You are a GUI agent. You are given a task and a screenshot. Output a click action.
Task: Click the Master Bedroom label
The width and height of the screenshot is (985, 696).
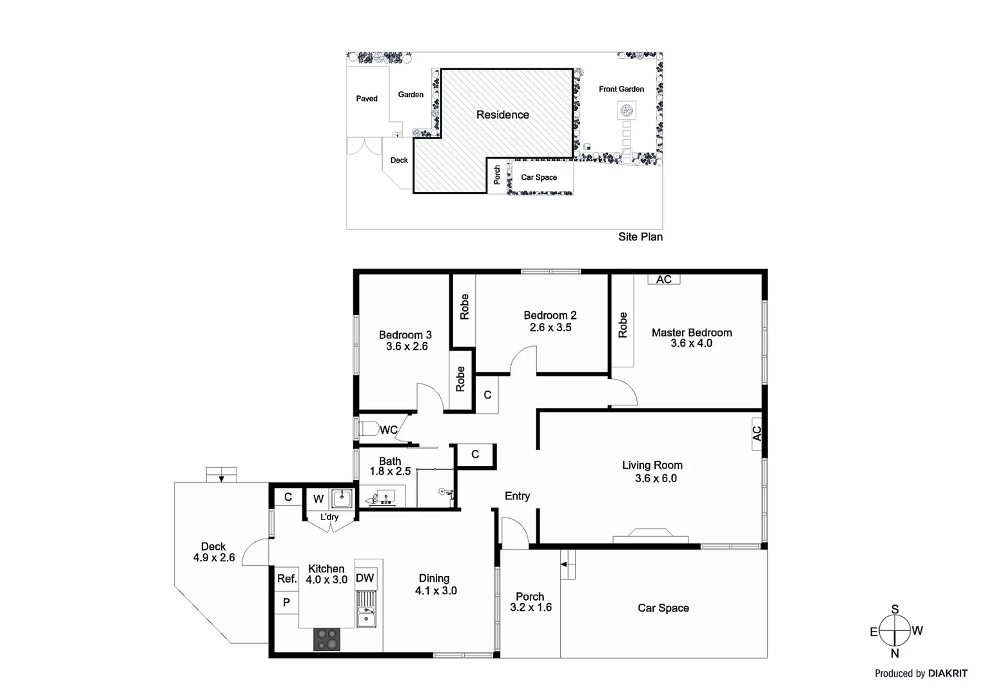click(692, 333)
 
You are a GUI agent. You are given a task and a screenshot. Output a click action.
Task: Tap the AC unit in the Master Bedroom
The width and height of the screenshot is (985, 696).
click(664, 279)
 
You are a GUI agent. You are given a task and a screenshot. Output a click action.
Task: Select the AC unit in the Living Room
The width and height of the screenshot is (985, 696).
click(757, 434)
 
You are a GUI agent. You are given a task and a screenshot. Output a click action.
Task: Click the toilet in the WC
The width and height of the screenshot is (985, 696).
click(368, 429)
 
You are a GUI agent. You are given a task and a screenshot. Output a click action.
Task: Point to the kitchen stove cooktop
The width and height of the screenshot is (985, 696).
click(326, 640)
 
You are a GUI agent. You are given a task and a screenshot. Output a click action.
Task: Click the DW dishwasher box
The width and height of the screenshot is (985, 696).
click(365, 578)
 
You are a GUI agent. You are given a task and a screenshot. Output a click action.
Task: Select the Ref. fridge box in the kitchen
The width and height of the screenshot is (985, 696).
click(287, 579)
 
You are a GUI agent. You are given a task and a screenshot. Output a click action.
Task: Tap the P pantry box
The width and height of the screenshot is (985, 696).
click(287, 602)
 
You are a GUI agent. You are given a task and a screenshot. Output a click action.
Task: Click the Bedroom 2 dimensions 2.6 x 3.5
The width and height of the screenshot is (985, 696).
click(551, 327)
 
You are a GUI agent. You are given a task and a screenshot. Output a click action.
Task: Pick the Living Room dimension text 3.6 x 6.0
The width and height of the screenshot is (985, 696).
click(656, 478)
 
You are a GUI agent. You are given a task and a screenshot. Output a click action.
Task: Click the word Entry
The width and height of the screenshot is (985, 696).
click(517, 496)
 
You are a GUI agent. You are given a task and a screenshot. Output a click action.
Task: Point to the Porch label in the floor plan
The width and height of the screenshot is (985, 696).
click(530, 597)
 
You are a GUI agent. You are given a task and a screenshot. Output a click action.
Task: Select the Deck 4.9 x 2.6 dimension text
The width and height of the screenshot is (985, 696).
click(214, 557)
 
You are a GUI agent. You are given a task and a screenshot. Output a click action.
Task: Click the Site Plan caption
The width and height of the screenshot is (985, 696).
click(640, 237)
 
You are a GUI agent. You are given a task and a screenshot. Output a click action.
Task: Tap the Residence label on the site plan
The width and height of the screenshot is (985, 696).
click(503, 115)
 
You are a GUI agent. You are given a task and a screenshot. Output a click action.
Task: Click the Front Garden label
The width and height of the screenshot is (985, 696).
click(621, 89)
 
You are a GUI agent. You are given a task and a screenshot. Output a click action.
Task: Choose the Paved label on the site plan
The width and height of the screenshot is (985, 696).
click(367, 99)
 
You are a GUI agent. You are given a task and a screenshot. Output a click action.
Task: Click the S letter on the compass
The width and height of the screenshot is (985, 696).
click(895, 610)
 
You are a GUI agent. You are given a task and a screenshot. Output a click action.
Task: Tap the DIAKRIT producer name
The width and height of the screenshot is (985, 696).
click(948, 673)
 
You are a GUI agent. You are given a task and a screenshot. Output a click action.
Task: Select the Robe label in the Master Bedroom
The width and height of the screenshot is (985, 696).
click(623, 325)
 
